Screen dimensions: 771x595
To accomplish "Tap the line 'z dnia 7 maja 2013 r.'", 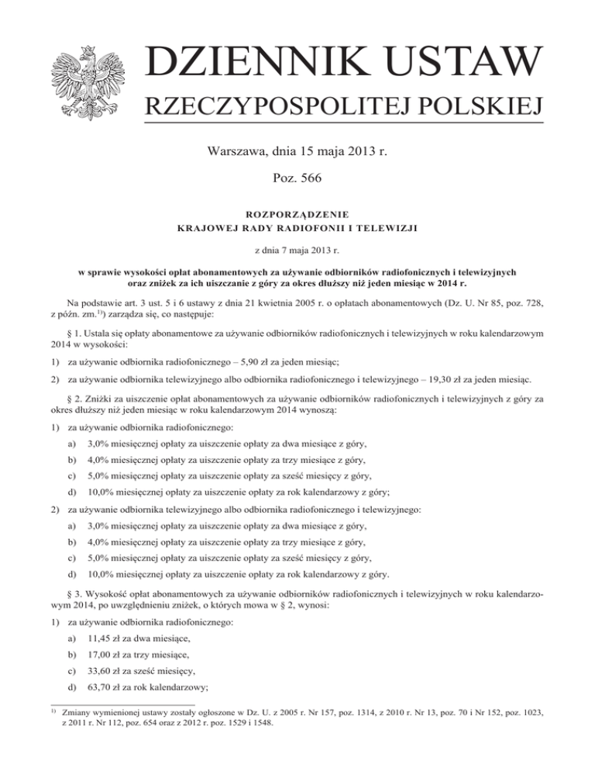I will point(297,252).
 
